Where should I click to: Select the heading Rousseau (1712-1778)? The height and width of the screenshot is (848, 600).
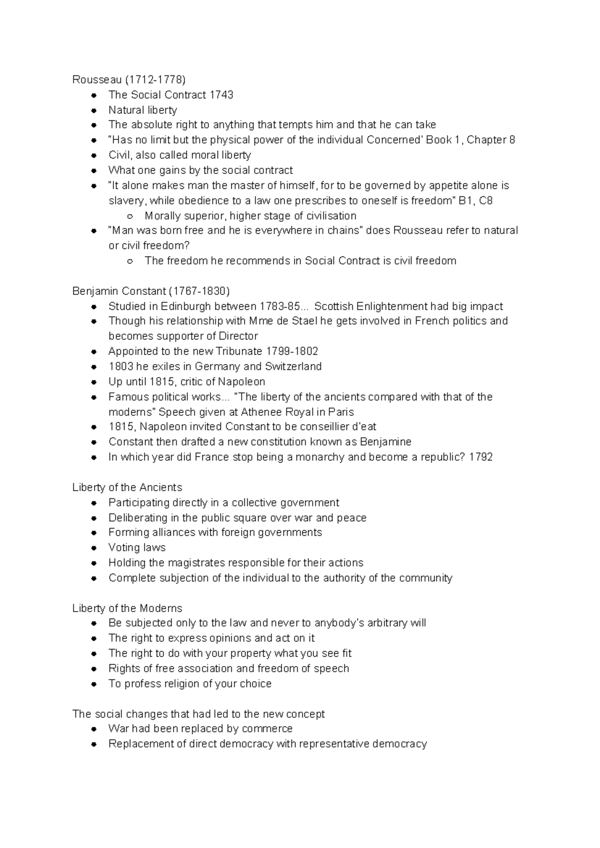129,80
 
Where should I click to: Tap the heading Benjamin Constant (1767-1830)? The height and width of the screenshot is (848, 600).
151,291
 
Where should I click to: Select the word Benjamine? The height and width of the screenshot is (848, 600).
385,442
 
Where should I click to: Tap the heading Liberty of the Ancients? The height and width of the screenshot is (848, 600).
127,487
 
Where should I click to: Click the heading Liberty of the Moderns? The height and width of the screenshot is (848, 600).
127,608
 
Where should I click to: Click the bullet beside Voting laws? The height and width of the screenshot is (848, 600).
93,548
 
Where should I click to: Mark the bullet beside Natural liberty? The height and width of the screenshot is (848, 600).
93,110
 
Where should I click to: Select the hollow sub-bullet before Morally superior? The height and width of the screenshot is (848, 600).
130,216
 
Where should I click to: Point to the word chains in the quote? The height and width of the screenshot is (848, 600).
345,230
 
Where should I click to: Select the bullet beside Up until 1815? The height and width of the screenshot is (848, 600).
93,382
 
